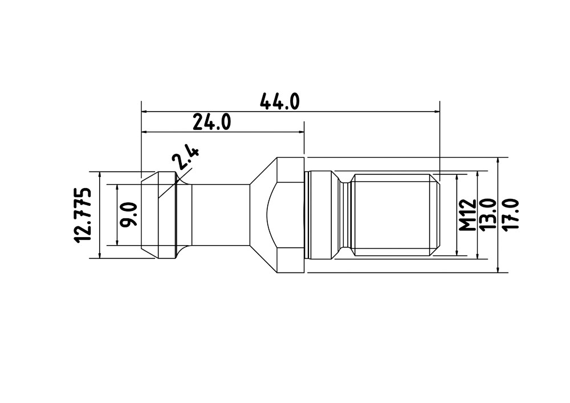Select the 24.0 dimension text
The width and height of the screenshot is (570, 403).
point(211,122)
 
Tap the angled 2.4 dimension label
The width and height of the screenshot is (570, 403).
point(185,158)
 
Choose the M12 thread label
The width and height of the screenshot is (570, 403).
point(467,215)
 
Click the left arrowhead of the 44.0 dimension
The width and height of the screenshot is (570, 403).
point(145,112)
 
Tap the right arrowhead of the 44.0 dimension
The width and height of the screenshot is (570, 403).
point(436,112)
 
